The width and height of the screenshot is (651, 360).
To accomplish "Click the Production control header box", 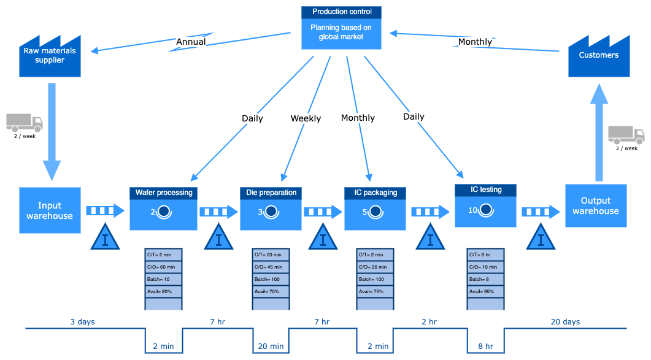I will click(341, 12).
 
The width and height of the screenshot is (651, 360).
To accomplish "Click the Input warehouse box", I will click(50, 210).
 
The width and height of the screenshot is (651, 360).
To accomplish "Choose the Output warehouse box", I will click(595, 205).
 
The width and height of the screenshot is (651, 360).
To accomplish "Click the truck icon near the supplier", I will click(25, 123).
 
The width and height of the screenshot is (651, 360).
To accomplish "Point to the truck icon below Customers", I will click(626, 135).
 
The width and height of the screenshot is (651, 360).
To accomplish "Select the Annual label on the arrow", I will click(191, 42).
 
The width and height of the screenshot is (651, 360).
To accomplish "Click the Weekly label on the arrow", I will click(306, 118).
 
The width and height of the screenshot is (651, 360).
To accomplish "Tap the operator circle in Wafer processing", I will click(164, 212).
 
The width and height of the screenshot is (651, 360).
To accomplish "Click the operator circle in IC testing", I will click(486, 210).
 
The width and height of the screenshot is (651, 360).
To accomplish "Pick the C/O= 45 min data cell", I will click(271, 267).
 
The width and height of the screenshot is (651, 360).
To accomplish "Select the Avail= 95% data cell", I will click(485, 291).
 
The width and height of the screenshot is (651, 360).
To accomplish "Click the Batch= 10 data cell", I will click(163, 279).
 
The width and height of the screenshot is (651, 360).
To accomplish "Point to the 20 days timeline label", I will click(564, 321).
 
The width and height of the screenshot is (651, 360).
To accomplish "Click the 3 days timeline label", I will click(82, 321).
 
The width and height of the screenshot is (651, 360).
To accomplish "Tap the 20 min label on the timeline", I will click(270, 347).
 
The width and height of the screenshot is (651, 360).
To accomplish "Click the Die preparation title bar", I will click(271, 193).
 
